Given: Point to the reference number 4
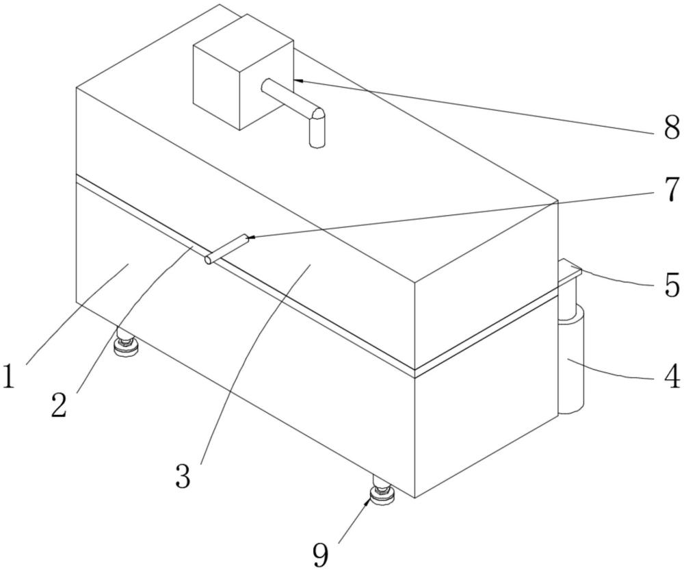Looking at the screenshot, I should point(672,376).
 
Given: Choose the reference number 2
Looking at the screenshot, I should point(59,405).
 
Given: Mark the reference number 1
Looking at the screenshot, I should point(8,376).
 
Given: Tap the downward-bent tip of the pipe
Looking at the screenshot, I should point(317,130).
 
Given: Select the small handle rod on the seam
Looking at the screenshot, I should point(226,249).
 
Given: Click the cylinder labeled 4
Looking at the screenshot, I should point(572,363).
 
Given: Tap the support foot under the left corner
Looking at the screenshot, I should point(126,346).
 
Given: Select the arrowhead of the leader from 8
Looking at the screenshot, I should point(298,81).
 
